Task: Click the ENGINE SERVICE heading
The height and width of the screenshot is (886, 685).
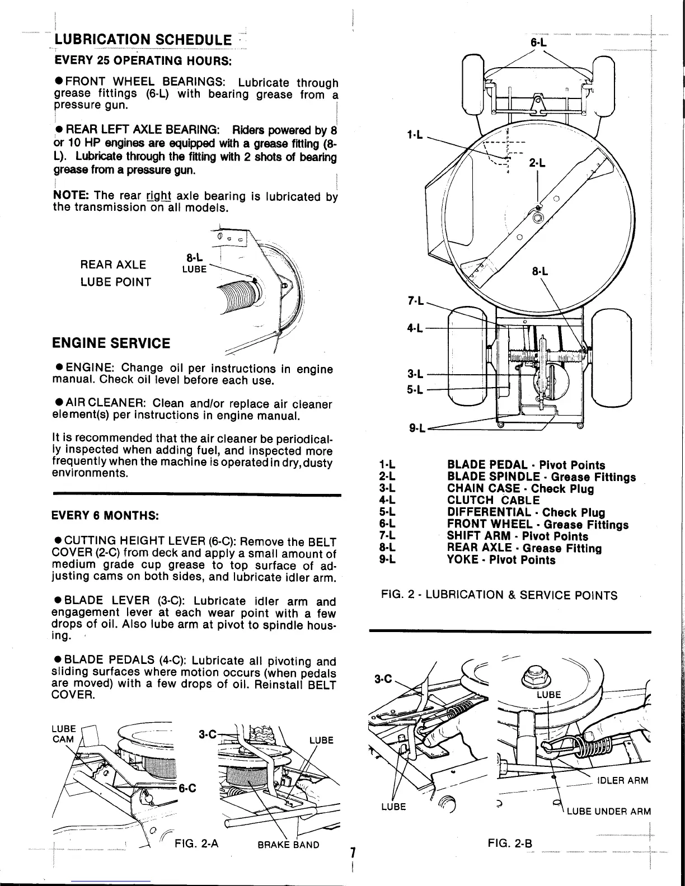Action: click(x=111, y=342)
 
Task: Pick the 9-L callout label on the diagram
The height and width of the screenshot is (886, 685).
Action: click(x=417, y=429)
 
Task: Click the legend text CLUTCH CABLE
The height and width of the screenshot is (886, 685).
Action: click(x=493, y=501)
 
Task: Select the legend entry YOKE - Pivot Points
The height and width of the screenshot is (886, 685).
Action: click(x=501, y=560)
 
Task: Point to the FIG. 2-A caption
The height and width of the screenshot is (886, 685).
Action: click(x=196, y=845)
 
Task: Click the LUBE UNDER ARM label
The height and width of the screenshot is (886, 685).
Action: click(x=608, y=812)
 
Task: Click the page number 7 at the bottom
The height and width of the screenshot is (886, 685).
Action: click(x=353, y=853)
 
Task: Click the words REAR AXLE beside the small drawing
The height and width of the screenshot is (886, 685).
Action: click(x=114, y=265)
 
